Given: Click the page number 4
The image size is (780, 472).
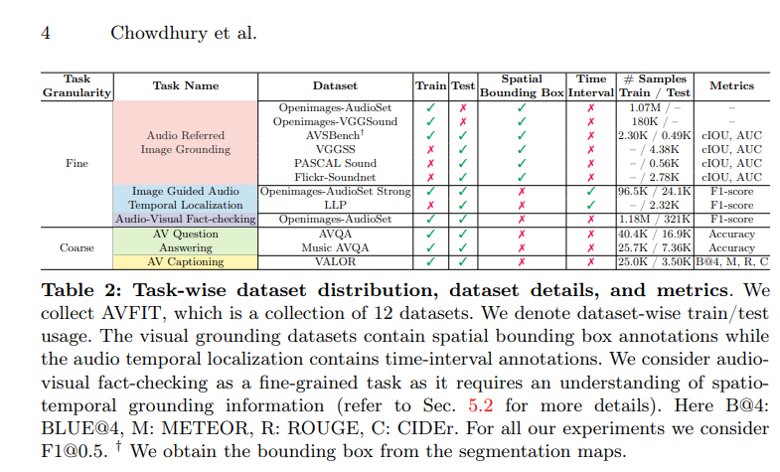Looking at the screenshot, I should (46, 32).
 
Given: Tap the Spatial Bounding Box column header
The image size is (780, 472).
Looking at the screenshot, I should (521, 85).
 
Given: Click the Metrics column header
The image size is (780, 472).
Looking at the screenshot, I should (731, 85).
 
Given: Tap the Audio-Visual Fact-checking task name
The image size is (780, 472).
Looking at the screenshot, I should (185, 219).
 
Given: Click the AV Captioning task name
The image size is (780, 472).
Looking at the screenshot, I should (185, 261).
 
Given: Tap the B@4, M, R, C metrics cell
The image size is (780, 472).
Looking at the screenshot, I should (731, 261).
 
